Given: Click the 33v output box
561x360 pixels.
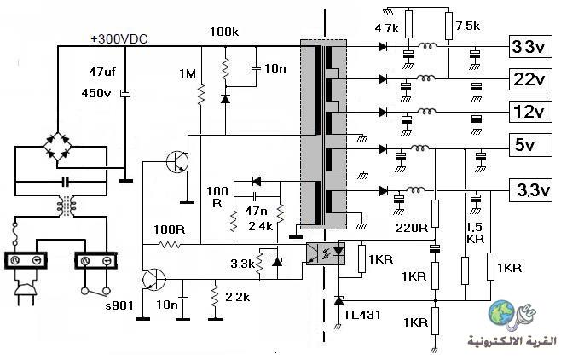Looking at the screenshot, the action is point(530,47).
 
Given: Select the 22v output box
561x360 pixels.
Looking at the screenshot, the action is point(530,79).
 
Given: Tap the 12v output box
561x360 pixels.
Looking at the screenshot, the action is point(530,112).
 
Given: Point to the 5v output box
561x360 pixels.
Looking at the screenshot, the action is point(530,145).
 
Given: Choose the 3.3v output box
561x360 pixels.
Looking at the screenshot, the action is point(530,190).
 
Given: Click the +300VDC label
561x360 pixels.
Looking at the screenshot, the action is point(119,39).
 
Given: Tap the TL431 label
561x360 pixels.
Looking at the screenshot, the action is point(362,315).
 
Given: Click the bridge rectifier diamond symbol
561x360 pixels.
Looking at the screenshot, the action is point(58,146).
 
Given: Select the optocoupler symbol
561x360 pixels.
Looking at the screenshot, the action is point(326,253).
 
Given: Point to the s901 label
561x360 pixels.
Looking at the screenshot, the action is point(119,305).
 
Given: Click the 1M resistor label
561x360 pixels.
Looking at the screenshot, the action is point(188,73).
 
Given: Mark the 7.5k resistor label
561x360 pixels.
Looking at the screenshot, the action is point(467,26).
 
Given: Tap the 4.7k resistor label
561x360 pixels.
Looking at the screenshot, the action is point(387,28).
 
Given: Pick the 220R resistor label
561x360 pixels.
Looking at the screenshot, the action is point(412,228).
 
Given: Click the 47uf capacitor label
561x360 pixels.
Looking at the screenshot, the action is point(102,72).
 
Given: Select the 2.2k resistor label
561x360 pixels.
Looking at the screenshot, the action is point(238,297).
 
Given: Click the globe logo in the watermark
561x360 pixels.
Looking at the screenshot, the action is point(502,313).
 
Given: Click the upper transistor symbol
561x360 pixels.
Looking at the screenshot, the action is point(178,162).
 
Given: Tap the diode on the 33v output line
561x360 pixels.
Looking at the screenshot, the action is point(383,46).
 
